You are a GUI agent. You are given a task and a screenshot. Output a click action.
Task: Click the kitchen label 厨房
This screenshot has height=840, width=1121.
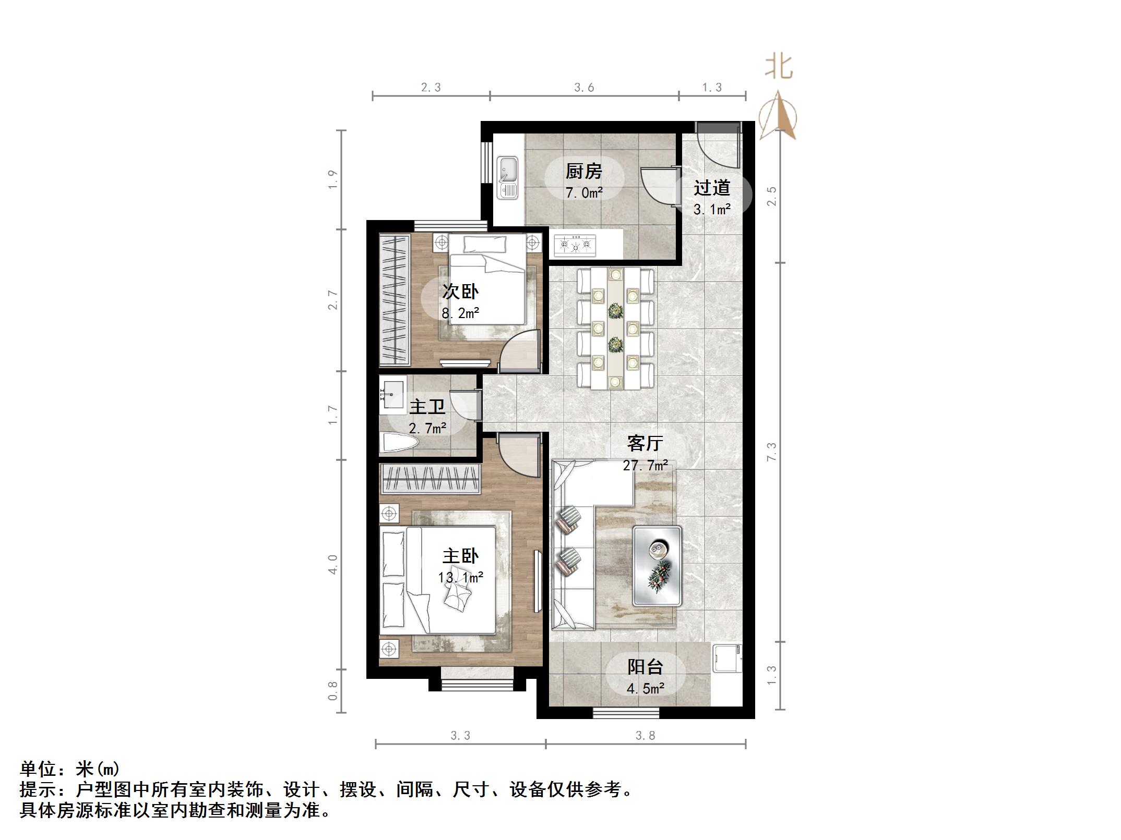(x=583, y=171)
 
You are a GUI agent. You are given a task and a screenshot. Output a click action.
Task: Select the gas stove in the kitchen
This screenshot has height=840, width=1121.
(x=575, y=244)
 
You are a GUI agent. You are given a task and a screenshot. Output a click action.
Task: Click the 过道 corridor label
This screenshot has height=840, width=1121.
(x=711, y=188)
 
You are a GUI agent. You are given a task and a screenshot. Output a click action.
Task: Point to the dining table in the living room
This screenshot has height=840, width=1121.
(x=615, y=328)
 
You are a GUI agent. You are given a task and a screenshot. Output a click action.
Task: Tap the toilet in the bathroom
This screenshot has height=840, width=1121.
(x=399, y=443)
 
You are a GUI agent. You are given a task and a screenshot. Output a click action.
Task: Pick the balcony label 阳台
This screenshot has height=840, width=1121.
(x=645, y=667)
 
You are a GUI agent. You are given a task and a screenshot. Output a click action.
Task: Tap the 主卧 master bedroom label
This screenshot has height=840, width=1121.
(x=460, y=556)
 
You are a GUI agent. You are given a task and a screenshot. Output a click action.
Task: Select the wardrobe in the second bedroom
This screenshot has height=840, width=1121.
(x=395, y=300)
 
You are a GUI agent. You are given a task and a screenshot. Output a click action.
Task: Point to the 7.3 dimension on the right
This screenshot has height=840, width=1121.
(x=771, y=451)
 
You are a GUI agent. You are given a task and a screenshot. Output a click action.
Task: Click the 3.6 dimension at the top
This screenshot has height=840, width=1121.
(x=584, y=88)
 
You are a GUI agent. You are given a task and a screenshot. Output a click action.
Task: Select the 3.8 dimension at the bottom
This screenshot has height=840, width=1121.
(x=645, y=736)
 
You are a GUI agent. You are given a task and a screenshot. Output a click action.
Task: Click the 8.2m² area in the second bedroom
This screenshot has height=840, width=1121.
(x=460, y=313)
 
